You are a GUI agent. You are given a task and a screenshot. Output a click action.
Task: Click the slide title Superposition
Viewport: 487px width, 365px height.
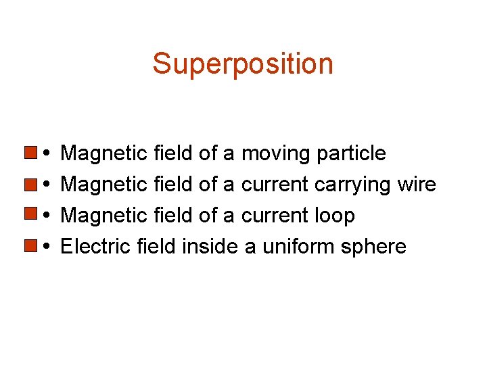coord(243,64)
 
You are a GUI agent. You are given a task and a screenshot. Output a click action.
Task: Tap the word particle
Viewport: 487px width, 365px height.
coord(350,154)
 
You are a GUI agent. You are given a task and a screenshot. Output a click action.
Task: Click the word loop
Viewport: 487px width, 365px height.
coord(335,216)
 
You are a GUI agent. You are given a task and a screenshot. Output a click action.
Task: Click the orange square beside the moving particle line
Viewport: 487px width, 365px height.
coord(30,151)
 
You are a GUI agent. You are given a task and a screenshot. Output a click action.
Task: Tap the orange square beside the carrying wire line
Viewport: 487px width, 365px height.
coord(30,182)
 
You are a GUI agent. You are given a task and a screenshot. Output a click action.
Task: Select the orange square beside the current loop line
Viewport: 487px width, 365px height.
coord(30,214)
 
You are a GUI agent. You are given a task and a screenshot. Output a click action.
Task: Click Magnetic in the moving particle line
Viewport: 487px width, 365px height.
coord(104,154)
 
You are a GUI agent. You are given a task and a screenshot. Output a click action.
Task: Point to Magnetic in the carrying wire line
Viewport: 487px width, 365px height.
coord(104,185)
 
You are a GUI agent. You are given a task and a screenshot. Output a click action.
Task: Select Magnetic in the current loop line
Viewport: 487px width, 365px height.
coord(104,216)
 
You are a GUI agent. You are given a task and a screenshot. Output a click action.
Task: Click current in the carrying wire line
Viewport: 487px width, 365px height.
coord(275,185)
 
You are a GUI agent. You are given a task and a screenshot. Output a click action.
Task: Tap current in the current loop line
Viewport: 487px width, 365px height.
coord(275,216)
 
